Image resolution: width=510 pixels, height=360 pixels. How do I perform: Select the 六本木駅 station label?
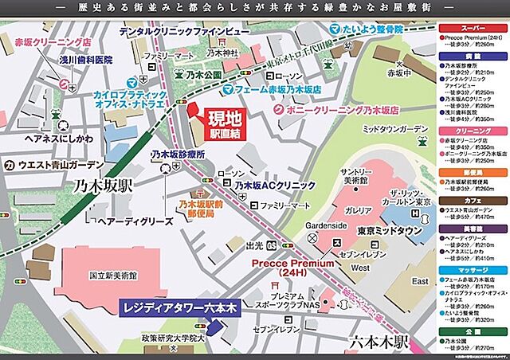[x=378, y=342]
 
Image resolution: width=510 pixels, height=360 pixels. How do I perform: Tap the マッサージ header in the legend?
[x=473, y=270]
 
